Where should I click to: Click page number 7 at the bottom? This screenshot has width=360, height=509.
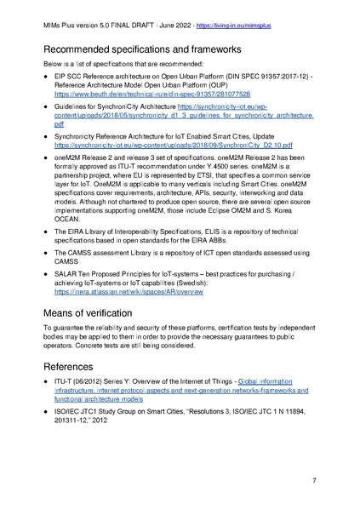click(x=314, y=481)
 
